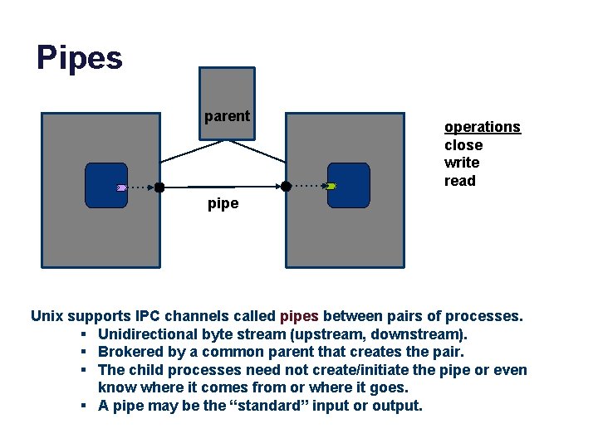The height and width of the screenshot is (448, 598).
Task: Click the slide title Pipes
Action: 80,58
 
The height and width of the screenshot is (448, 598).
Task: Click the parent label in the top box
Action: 227,116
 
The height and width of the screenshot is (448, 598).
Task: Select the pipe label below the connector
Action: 223,203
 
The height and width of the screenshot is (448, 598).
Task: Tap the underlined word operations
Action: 482,127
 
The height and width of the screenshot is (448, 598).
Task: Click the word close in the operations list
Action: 463,145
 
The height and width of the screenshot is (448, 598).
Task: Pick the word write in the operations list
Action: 461,163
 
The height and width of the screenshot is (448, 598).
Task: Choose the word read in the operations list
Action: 459,181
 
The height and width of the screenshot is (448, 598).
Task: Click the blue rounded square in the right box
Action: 348,185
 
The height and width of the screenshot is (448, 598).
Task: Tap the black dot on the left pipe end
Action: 159,187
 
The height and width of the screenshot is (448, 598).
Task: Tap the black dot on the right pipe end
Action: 286,187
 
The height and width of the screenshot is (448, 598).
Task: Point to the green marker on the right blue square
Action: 331,187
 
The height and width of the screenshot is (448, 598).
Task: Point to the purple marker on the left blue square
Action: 122,187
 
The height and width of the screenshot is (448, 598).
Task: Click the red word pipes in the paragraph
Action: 299,316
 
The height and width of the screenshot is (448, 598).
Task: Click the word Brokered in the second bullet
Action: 130,352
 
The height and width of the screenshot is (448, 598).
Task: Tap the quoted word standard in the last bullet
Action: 286,406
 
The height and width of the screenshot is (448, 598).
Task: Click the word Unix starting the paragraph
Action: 47,316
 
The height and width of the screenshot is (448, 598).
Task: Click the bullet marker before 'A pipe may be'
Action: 86,406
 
